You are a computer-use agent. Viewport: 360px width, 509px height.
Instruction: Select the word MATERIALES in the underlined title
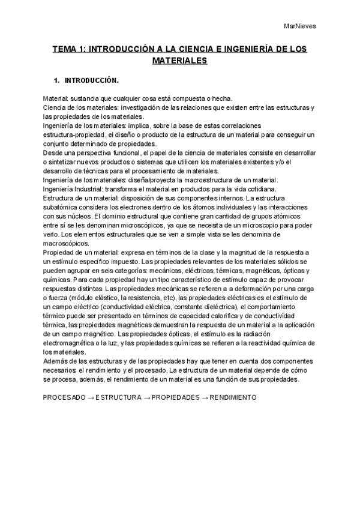(x=179, y=61)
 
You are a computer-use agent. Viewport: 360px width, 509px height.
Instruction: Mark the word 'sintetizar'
(x=67, y=162)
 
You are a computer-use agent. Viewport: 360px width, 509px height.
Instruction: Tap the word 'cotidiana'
(x=259, y=189)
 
